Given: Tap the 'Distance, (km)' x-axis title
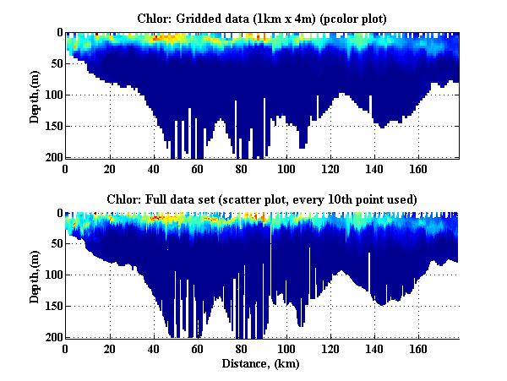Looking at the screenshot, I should tap(261, 364).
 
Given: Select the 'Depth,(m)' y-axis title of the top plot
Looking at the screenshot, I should tap(35, 95).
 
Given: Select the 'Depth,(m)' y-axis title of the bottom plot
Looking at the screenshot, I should tap(35, 276).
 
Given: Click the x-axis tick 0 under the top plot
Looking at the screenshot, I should tap(66, 168).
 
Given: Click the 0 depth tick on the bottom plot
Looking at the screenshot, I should tap(57, 213).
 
